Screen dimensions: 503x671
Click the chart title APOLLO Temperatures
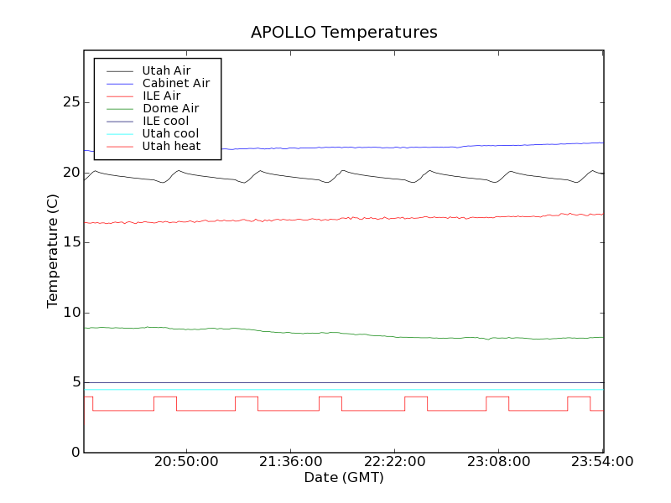tap(344, 33)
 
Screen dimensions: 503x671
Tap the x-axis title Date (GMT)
tap(344, 478)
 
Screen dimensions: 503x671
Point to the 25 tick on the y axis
tap(71, 102)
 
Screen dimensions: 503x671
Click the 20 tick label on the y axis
tap(71, 173)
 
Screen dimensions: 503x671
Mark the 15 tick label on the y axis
tap(71, 242)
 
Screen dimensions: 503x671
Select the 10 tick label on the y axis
tap(71, 313)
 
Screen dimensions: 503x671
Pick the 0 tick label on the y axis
tap(75, 453)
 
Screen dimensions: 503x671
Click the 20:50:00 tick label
tap(186, 462)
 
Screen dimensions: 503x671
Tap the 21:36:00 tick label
tap(290, 462)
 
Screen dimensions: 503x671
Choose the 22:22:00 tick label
tap(394, 462)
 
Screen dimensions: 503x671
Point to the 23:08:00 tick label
tap(498, 462)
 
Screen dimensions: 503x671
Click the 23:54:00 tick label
tap(602, 462)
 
